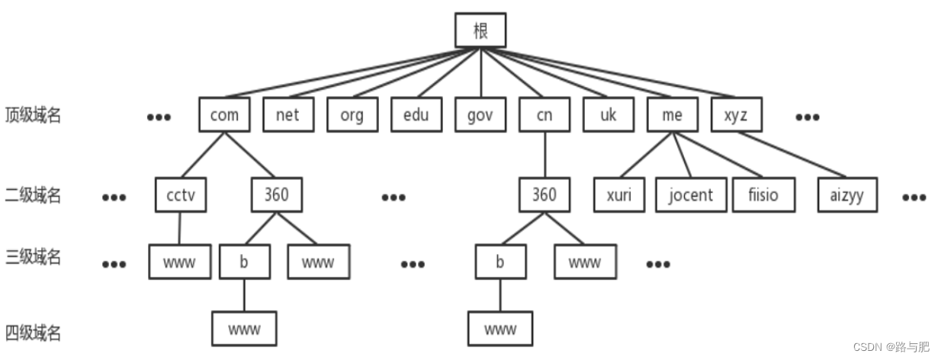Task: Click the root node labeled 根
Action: pyautogui.click(x=480, y=31)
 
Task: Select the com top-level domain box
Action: pyautogui.click(x=223, y=115)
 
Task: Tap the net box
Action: pyautogui.click(x=287, y=115)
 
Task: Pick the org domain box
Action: pyautogui.click(x=352, y=115)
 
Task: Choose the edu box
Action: pyautogui.click(x=416, y=115)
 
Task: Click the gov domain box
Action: pyautogui.click(x=480, y=115)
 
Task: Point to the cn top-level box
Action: pyautogui.click(x=544, y=115)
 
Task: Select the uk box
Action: pyautogui.click(x=608, y=115)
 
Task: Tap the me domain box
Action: pyautogui.click(x=672, y=115)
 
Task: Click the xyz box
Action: pyautogui.click(x=736, y=115)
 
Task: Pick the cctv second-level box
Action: pyautogui.click(x=180, y=194)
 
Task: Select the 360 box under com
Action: pyautogui.click(x=276, y=194)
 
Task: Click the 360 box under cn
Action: pyautogui.click(x=544, y=194)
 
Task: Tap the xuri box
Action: pyautogui.click(x=619, y=194)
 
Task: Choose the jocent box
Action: pyautogui.click(x=691, y=194)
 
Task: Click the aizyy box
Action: pyautogui.click(x=846, y=194)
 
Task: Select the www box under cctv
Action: pyautogui.click(x=180, y=262)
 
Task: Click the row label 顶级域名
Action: pyautogui.click(x=33, y=115)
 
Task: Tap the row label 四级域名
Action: pyautogui.click(x=33, y=333)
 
